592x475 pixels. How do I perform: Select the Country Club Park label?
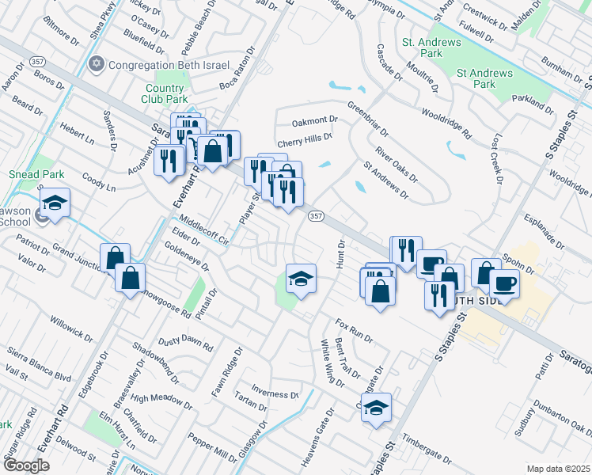tap(166, 94)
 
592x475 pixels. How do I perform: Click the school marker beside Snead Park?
tap(55, 204)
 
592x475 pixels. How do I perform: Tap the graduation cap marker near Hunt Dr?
tap(301, 279)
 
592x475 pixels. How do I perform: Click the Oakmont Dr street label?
tap(314, 121)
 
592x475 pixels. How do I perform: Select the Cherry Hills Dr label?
tap(304, 137)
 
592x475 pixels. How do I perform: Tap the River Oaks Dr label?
tap(397, 163)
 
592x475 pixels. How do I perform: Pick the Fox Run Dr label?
tap(353, 330)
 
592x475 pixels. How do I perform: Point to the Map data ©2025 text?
tap(558, 469)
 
